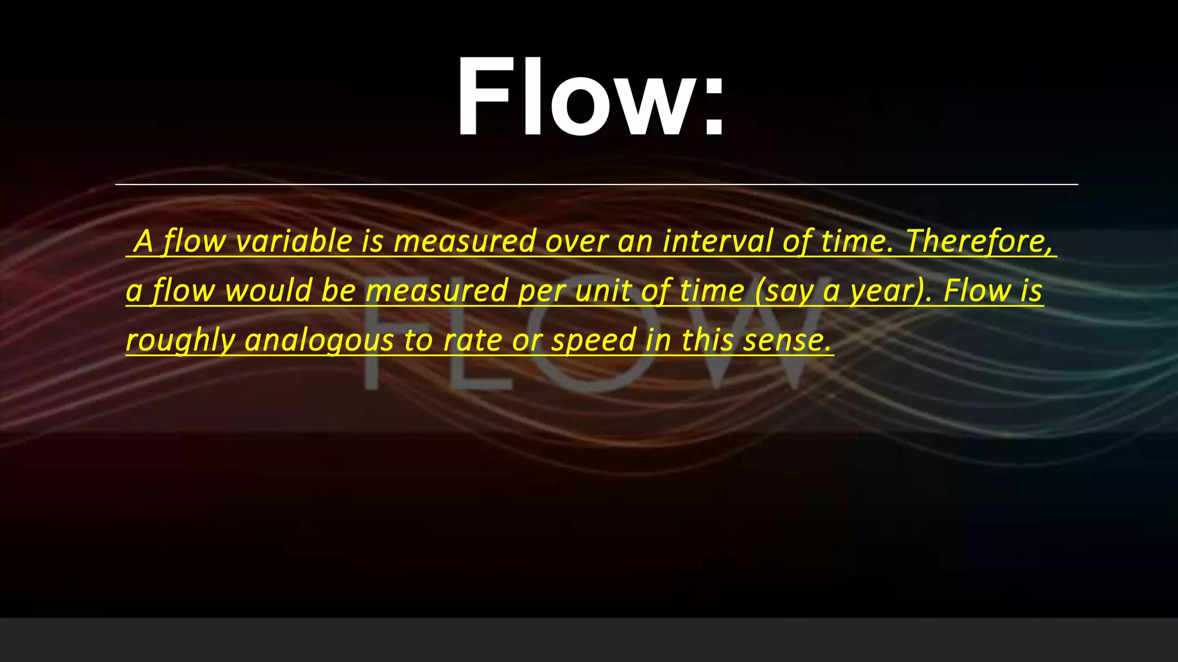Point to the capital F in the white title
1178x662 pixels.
483,98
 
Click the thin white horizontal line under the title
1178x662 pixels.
596,184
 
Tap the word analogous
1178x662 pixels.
319,341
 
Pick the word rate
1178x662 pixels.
472,341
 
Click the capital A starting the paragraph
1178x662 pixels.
144,241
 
